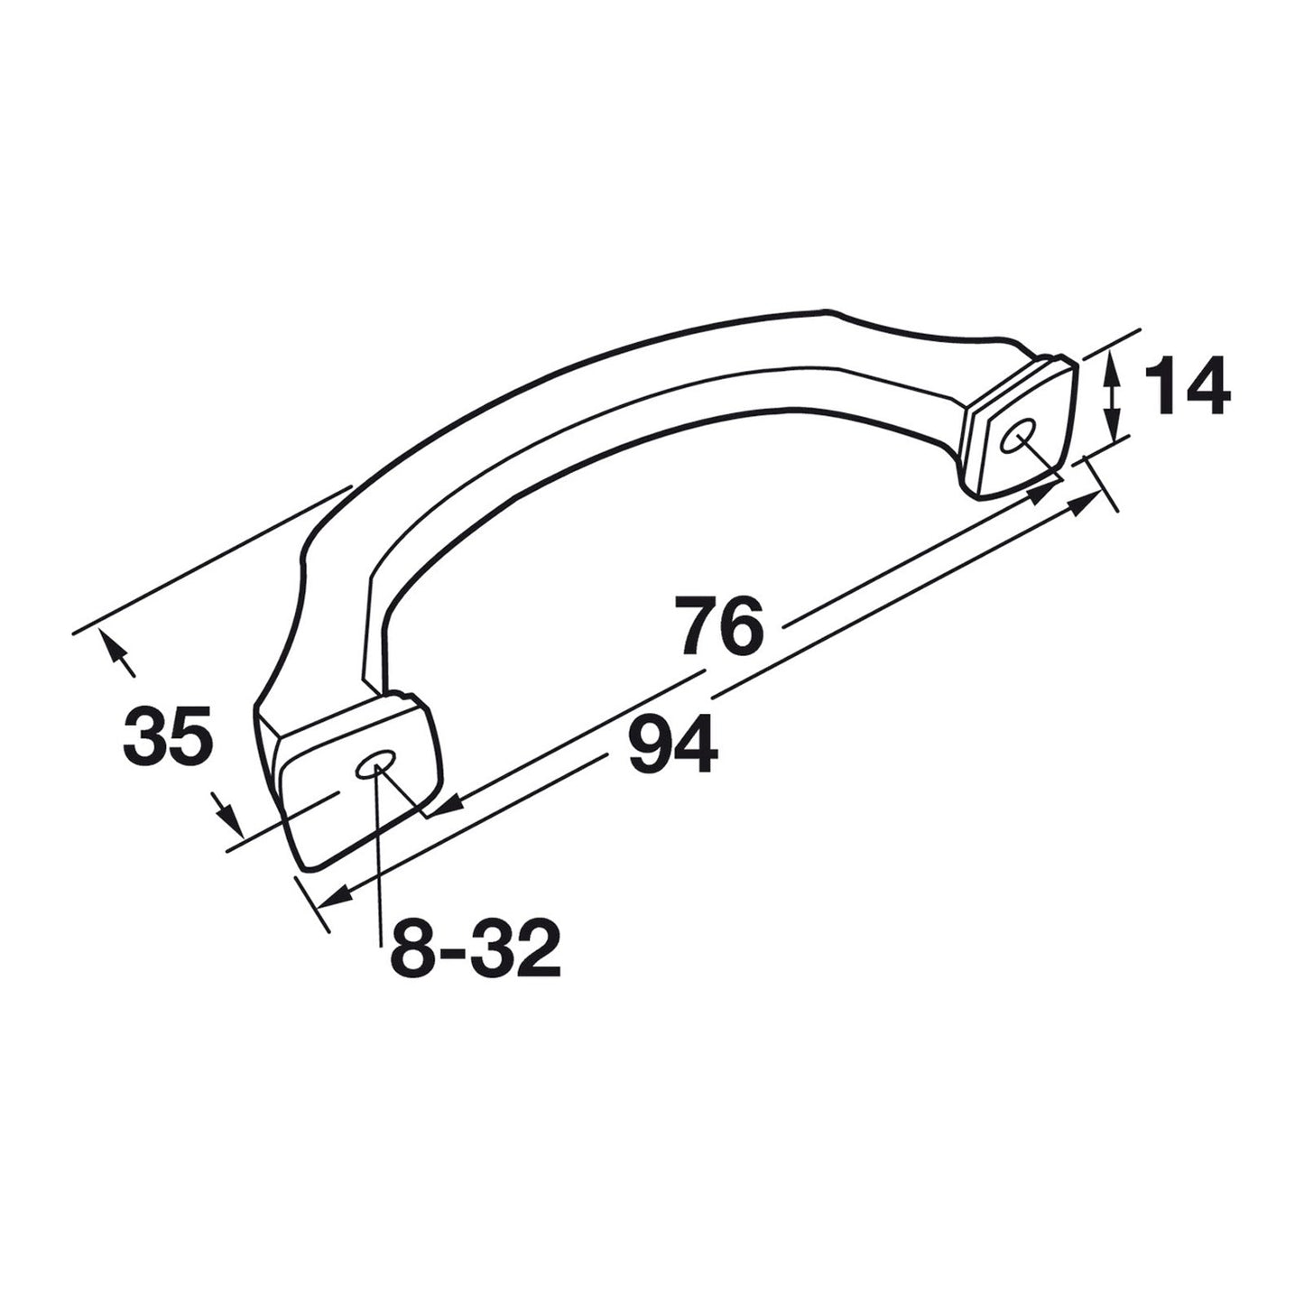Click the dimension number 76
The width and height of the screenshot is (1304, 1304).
(x=722, y=624)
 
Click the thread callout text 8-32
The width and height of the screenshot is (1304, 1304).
(x=475, y=946)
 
